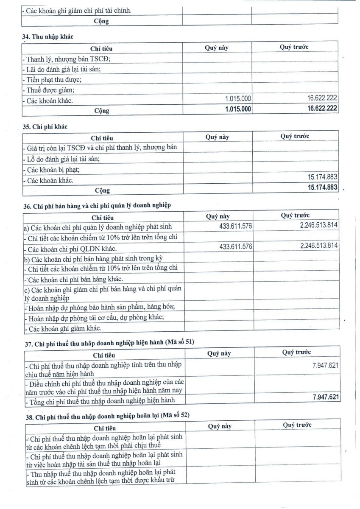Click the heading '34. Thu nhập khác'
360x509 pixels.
click(48, 37)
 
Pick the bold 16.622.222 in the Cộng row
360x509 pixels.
click(323, 109)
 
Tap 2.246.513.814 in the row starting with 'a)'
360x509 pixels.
click(318, 225)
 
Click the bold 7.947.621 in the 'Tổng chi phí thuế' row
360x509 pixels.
click(325, 397)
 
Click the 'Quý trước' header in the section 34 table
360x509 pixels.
click(294, 47)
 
